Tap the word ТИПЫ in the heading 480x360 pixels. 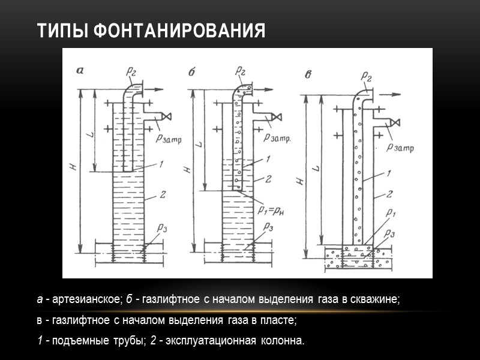pos(62,31)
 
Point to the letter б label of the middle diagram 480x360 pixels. pos(192,72)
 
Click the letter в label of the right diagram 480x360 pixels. pos(308,74)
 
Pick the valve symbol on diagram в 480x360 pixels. pos(394,123)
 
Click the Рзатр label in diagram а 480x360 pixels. pos(168,139)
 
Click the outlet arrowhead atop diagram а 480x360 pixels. pos(162,89)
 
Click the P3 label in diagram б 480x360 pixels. pos(268,227)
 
